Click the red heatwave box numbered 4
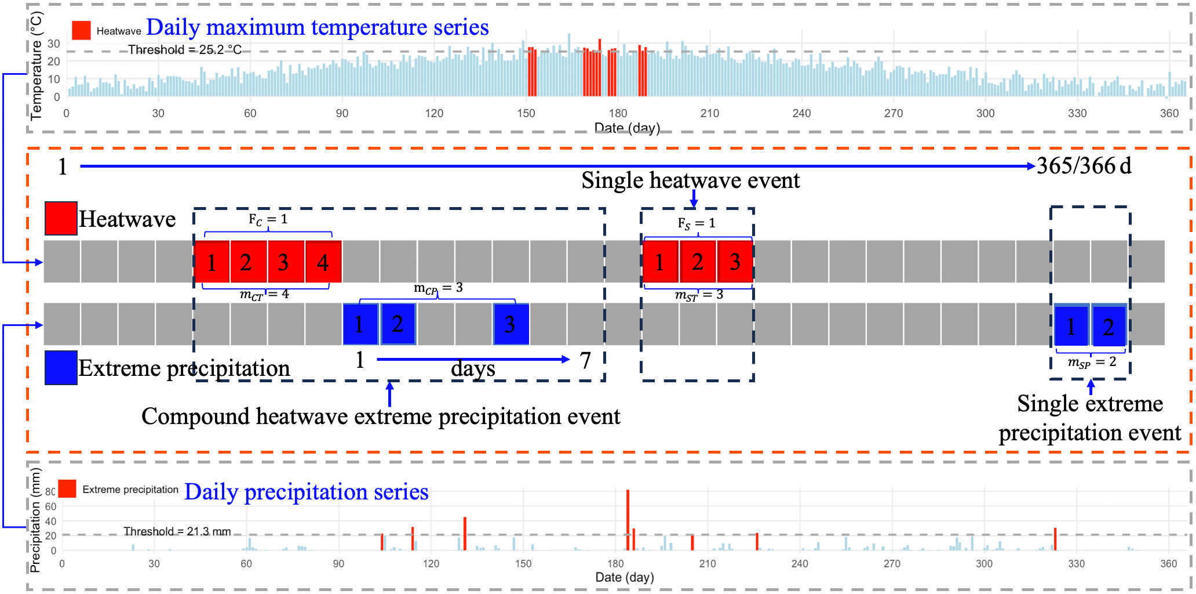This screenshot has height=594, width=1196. [323, 262]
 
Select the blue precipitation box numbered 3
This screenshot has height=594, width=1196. [511, 324]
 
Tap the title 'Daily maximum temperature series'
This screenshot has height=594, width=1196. [318, 27]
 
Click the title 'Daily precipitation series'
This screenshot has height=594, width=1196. [307, 492]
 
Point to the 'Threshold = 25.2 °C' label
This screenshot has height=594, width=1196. [185, 50]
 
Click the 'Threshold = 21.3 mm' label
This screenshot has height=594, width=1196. [177, 531]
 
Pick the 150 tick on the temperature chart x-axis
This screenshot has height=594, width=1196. [526, 113]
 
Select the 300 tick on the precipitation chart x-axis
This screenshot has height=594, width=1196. [984, 563]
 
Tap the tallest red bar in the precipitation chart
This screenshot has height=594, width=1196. [628, 520]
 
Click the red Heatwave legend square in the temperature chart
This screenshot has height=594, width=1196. [81, 30]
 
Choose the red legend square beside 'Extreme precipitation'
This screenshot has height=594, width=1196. [67, 488]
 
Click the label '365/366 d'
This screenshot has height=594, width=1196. [1084, 166]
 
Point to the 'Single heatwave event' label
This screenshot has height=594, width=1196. [691, 180]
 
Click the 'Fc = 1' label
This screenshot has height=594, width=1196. [268, 219]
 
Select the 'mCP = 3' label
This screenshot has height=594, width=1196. [438, 288]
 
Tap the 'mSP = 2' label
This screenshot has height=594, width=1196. [1092, 363]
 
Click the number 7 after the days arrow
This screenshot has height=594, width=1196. [585, 360]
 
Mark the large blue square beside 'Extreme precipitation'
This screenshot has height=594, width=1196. [61, 367]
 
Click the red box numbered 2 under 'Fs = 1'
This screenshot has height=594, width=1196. [698, 262]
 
